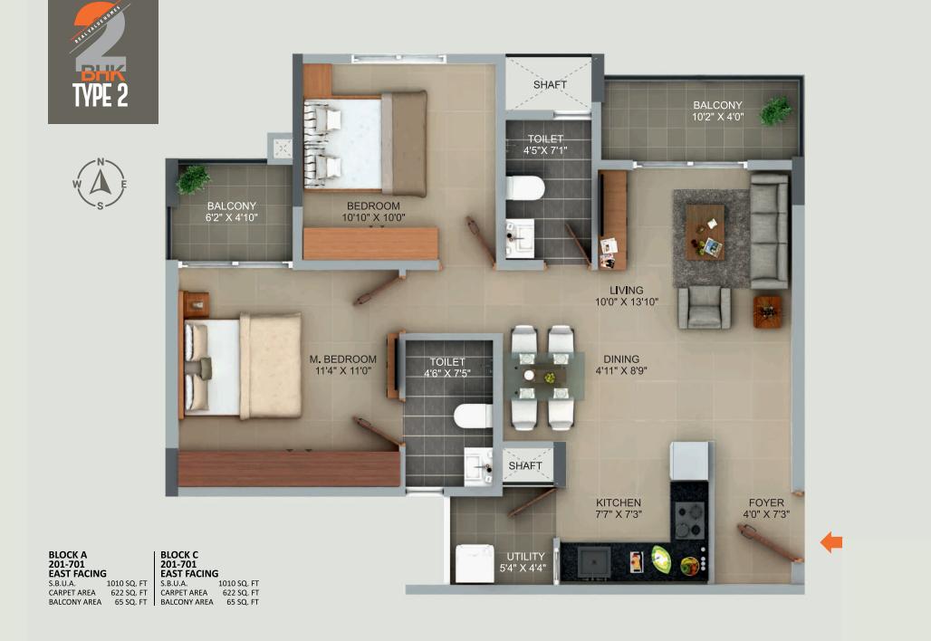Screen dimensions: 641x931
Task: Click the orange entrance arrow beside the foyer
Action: pos(830,542)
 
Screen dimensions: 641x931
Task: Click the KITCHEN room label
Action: pos(619,502)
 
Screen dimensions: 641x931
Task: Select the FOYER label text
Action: pos(766,502)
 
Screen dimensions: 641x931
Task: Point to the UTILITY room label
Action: pos(525,556)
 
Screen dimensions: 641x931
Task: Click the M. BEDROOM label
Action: pos(343,359)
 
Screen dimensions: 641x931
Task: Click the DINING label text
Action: pos(621,359)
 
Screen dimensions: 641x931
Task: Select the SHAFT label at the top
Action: pos(550,85)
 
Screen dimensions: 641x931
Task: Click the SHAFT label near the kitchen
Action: pos(525,466)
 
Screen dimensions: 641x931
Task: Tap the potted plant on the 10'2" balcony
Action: pos(775,111)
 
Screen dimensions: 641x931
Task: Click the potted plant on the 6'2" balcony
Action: pos(193,179)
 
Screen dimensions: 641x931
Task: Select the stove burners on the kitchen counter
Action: pos(688,521)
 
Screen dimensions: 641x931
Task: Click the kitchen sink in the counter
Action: pos(593,561)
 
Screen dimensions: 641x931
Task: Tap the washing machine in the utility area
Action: pos(470,563)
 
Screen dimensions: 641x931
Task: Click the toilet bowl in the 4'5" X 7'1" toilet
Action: pos(524,188)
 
